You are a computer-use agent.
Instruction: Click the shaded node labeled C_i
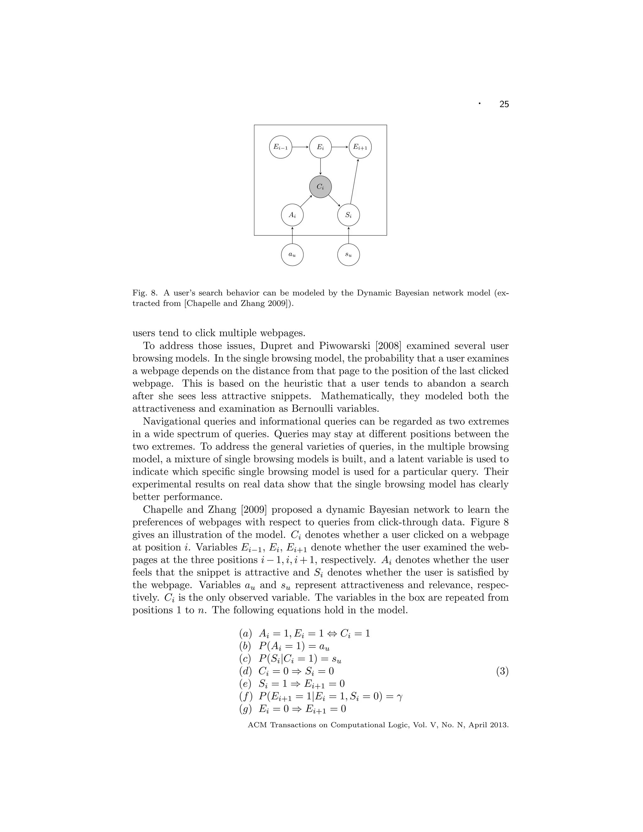pos(320,187)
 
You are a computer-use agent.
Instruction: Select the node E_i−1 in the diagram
pos(281,147)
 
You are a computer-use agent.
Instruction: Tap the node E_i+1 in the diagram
pos(360,147)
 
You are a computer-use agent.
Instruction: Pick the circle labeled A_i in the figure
pos(292,215)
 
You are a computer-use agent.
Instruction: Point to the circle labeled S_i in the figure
pos(349,215)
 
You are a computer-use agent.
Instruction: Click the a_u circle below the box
pos(292,255)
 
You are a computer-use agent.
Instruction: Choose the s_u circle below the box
pos(349,255)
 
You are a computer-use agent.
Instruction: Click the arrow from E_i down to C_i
pos(320,166)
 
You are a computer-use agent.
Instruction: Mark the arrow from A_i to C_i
pos(306,201)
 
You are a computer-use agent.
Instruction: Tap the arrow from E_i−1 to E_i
pos(300,147)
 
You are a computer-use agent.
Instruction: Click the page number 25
pos(504,104)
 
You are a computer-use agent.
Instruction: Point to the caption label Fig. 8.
pos(145,293)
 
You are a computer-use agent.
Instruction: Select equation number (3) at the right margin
pos(502,671)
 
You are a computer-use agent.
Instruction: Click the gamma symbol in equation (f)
pos(399,696)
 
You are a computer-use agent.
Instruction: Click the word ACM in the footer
pos(257,725)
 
